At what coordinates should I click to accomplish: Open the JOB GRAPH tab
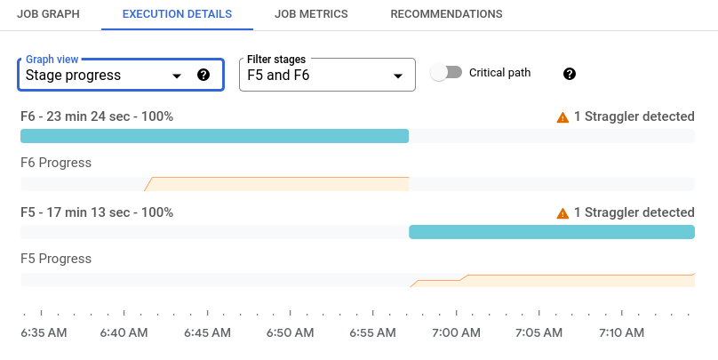pyautogui.click(x=47, y=14)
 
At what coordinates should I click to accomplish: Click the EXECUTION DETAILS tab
pyautogui.click(x=176, y=14)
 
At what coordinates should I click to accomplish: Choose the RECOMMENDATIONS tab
pyautogui.click(x=446, y=14)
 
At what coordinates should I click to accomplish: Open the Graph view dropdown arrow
pyautogui.click(x=176, y=76)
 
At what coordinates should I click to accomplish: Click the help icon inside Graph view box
pyautogui.click(x=203, y=76)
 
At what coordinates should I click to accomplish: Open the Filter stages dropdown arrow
pyautogui.click(x=397, y=76)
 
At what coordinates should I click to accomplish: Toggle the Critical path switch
pyautogui.click(x=446, y=73)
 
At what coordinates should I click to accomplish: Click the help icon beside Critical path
pyautogui.click(x=570, y=73)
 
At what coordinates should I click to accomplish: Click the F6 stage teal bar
pyautogui.click(x=214, y=136)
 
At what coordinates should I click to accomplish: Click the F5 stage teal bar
pyautogui.click(x=551, y=232)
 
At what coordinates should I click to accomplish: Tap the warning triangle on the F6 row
pyautogui.click(x=562, y=117)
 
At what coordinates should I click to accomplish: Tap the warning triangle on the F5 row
pyautogui.click(x=562, y=213)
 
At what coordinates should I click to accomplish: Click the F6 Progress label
pyautogui.click(x=56, y=163)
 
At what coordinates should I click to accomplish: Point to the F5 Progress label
pyautogui.click(x=56, y=259)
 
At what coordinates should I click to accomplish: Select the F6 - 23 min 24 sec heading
pyautogui.click(x=97, y=116)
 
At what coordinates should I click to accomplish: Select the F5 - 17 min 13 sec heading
pyautogui.click(x=97, y=212)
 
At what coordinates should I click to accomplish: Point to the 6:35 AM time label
pyautogui.click(x=43, y=333)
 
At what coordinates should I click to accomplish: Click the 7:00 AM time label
pyautogui.click(x=457, y=333)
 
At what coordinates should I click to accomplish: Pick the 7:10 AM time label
pyautogui.click(x=622, y=333)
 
